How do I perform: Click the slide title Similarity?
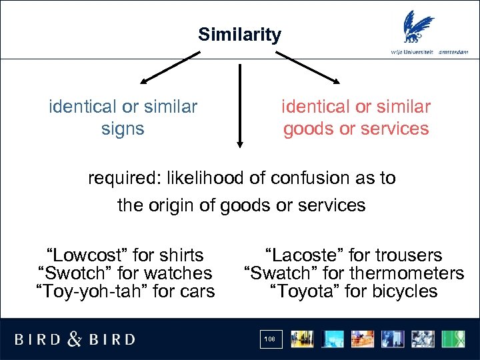(239, 35)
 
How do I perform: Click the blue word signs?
(123, 128)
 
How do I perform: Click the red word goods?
(309, 128)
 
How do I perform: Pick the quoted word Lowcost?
(85, 255)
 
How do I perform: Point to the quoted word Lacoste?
(306, 255)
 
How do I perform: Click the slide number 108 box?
(269, 339)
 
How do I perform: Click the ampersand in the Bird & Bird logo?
(75, 339)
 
